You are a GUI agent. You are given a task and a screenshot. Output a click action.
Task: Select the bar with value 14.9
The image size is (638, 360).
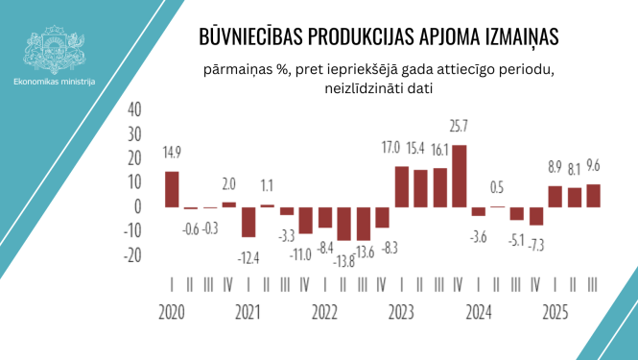click(172, 189)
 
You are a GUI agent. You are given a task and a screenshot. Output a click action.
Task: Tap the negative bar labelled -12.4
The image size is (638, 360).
click(248, 222)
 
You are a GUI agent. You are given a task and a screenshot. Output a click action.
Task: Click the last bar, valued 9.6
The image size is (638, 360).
click(594, 195)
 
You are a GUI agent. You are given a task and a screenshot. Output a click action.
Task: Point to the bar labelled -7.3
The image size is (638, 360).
click(536, 215)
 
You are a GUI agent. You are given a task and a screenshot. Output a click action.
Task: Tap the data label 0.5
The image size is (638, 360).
click(497, 187)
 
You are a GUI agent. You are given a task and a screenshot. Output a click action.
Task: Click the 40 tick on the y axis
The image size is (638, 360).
click(133, 108)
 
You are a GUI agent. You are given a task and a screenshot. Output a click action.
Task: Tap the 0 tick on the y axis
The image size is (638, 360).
click(138, 206)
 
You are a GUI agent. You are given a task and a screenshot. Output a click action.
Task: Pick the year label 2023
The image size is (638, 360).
click(400, 313)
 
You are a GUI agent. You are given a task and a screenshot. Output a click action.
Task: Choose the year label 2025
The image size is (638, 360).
click(555, 313)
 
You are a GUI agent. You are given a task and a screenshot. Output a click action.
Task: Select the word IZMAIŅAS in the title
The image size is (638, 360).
click(515, 36)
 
